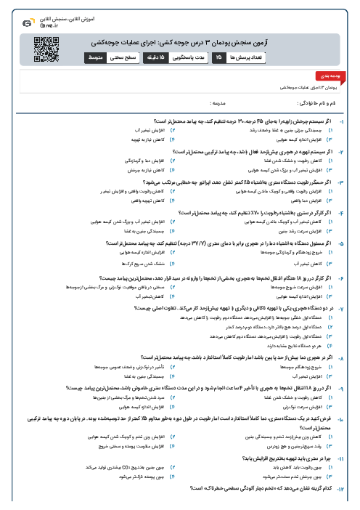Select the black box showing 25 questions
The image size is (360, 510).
tap(217, 57)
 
